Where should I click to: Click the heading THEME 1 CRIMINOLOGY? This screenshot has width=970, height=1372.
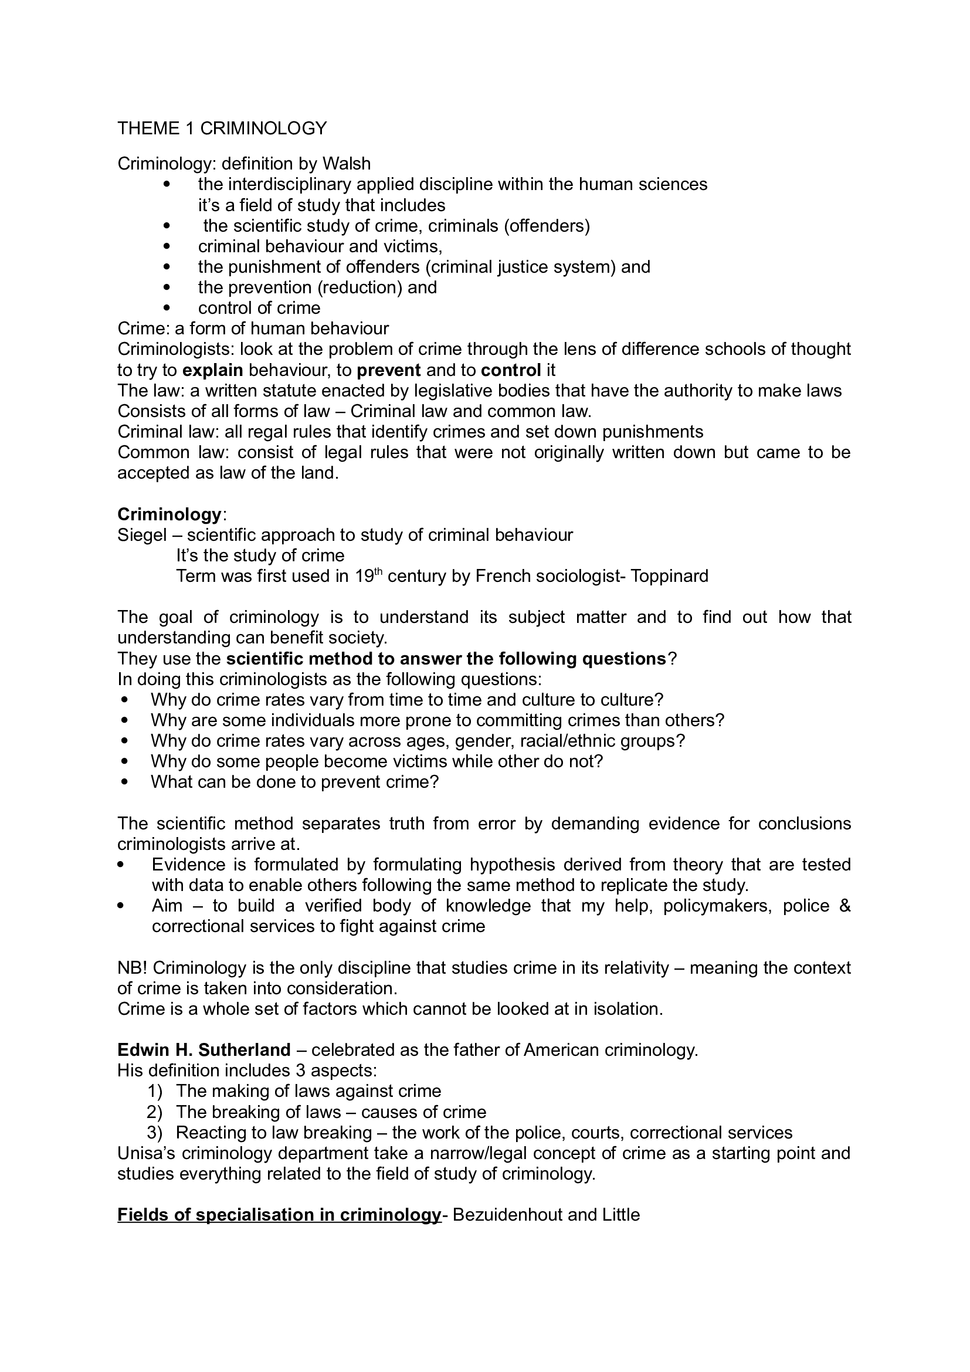(x=222, y=128)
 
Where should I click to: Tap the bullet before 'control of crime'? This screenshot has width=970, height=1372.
(x=167, y=308)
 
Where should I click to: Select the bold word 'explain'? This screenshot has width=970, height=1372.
(x=213, y=370)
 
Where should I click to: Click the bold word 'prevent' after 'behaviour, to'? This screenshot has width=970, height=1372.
(x=389, y=370)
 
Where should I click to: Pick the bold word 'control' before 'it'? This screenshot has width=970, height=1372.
(x=511, y=370)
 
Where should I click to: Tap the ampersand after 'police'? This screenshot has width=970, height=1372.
(x=844, y=906)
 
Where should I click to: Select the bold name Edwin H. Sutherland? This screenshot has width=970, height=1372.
(x=204, y=1050)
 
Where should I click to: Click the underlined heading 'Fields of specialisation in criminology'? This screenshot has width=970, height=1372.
(x=279, y=1215)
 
